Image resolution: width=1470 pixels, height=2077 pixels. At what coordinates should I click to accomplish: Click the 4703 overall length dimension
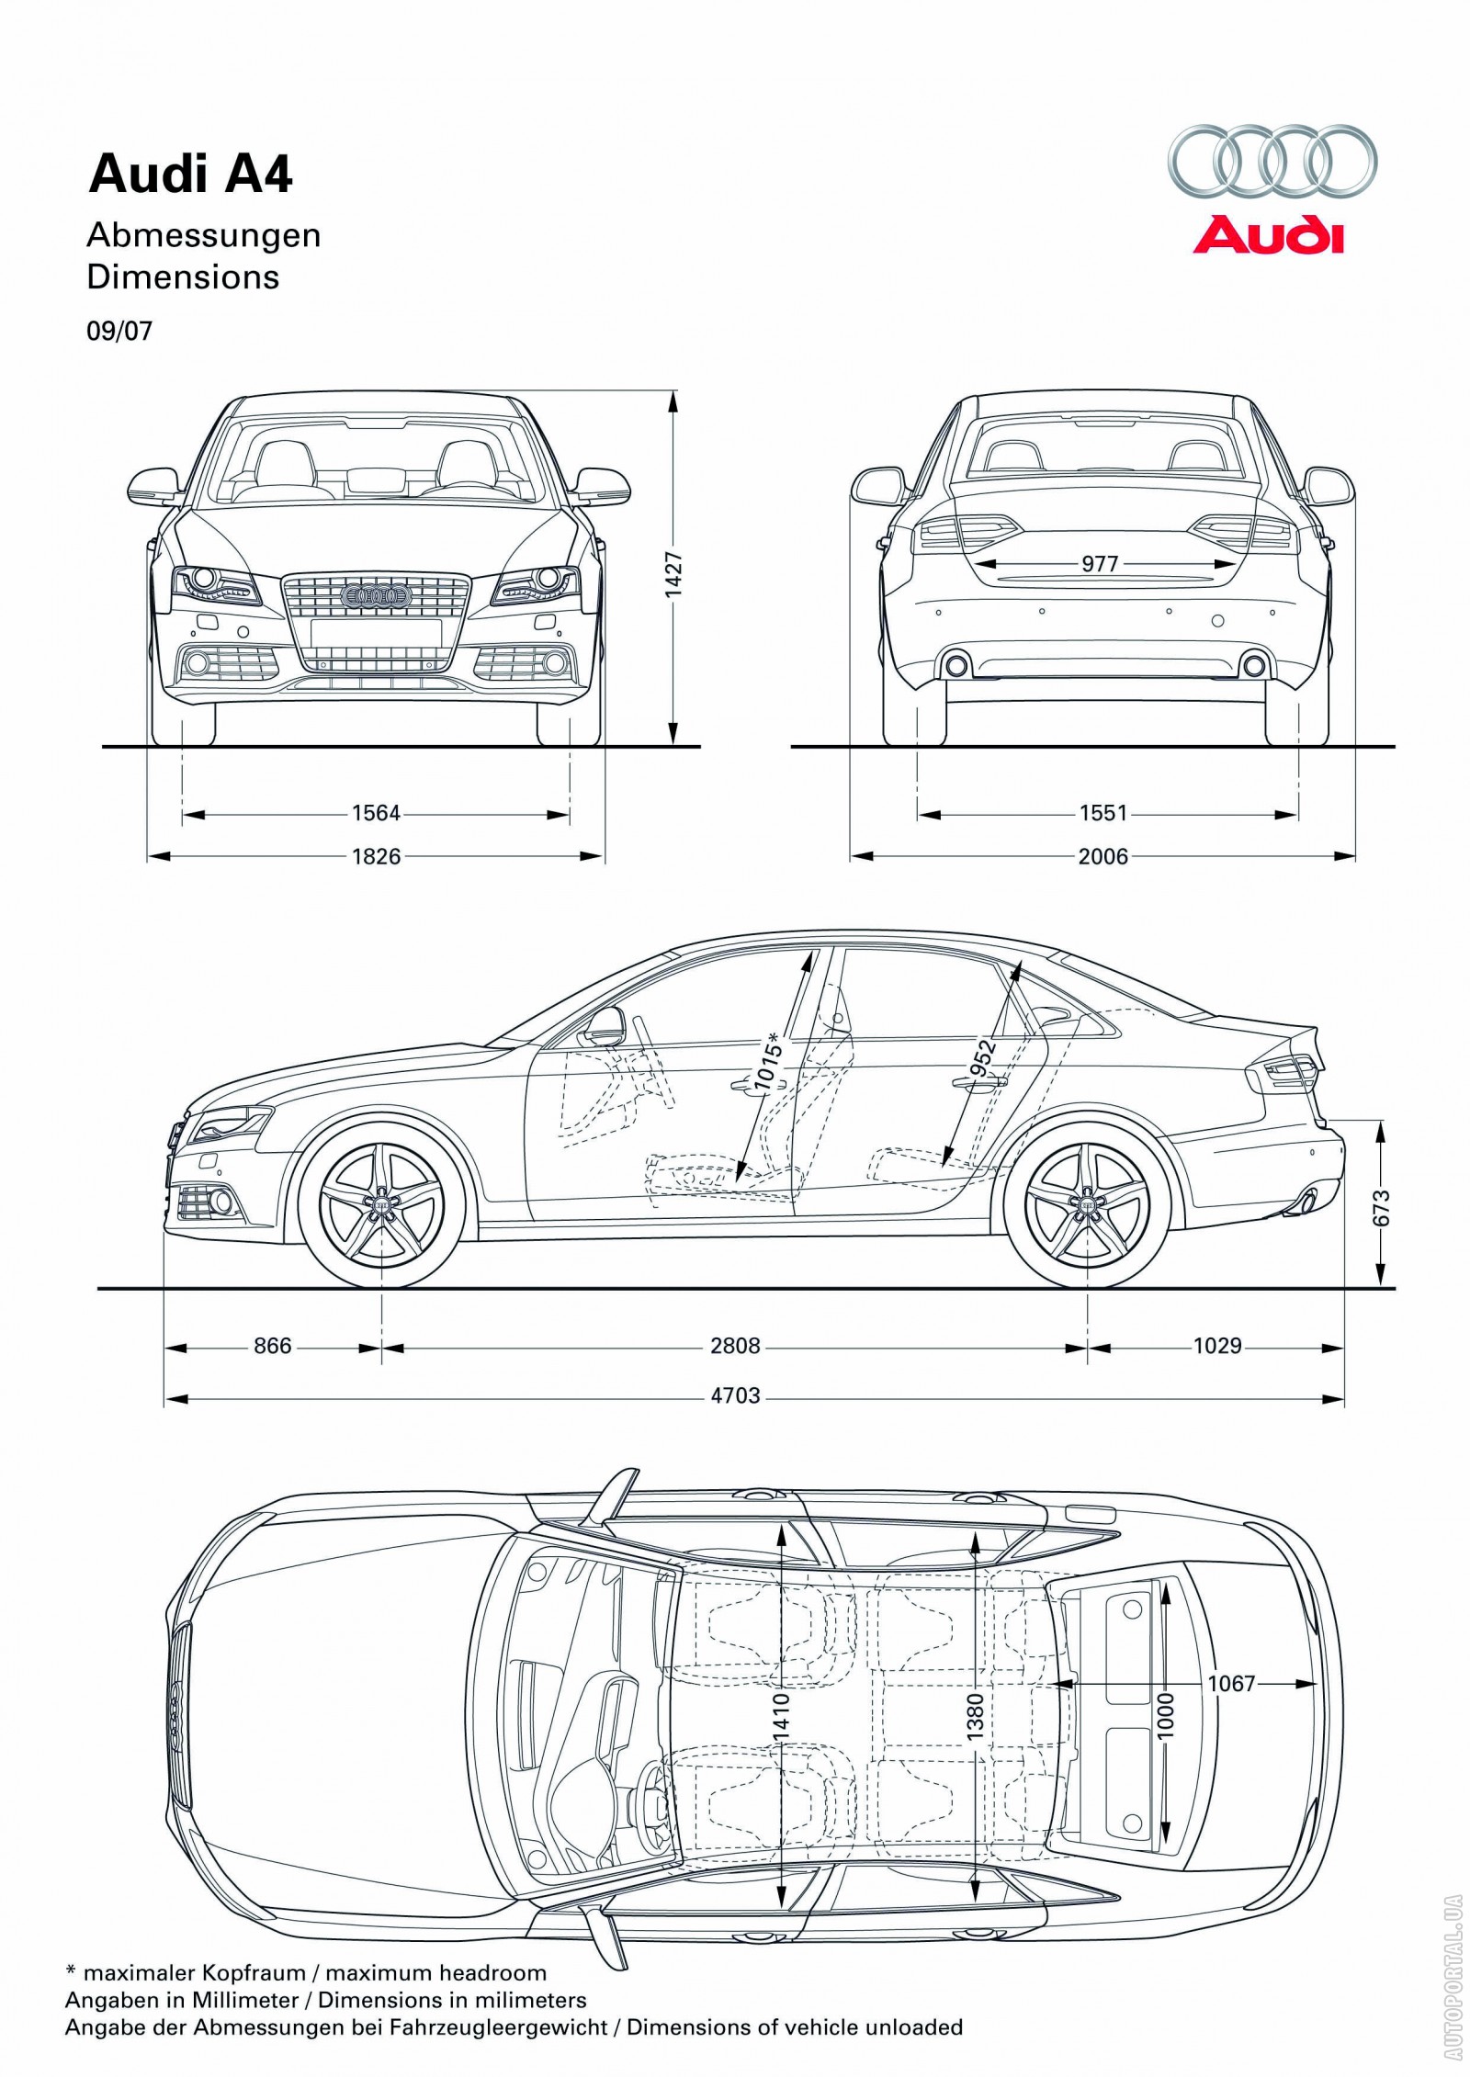(x=735, y=1395)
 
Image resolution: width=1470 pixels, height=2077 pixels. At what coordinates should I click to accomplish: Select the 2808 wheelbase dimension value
(x=735, y=1346)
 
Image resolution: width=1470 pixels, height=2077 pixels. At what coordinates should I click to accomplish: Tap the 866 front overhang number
(x=272, y=1346)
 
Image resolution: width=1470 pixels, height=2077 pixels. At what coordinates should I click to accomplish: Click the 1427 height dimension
(x=674, y=573)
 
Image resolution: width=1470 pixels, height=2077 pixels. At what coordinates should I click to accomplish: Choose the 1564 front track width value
(x=376, y=813)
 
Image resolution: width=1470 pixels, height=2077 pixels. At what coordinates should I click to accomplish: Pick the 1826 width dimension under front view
(x=376, y=856)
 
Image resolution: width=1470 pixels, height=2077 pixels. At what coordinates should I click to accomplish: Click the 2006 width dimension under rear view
(x=1102, y=856)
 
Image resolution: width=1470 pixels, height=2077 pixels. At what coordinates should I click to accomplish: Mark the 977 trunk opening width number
(x=1100, y=563)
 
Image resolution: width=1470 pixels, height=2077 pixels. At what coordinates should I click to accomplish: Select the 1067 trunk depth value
(x=1230, y=1683)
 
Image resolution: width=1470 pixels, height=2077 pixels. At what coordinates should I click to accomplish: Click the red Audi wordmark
(x=1267, y=234)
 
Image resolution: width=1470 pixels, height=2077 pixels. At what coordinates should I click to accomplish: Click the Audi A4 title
(x=190, y=175)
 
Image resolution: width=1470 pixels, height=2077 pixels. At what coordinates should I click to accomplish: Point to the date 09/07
(x=119, y=331)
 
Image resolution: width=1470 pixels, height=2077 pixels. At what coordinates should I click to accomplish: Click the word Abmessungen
(x=203, y=235)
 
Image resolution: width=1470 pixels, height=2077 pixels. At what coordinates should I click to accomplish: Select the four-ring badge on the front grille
(x=375, y=596)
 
